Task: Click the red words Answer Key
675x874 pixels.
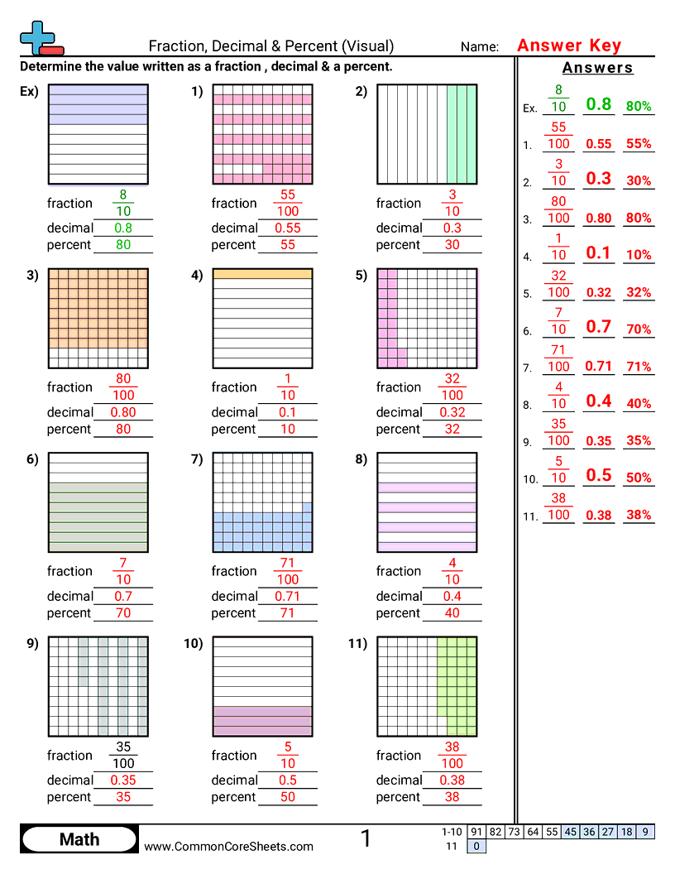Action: [568, 46]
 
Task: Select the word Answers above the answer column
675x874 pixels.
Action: [597, 68]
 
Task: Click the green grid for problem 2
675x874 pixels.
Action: [427, 134]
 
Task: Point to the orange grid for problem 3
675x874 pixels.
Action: [98, 318]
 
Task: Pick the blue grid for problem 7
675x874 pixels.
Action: [263, 502]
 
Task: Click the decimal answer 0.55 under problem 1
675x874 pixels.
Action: [287, 228]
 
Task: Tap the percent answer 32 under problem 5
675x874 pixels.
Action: [452, 429]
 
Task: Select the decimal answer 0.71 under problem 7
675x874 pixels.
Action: [287, 596]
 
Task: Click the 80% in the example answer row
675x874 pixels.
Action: [639, 106]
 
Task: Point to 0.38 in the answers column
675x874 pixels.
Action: [598, 515]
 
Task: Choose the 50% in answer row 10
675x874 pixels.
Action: [639, 478]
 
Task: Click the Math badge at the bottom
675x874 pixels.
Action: [79, 840]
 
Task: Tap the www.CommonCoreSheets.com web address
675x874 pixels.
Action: [229, 846]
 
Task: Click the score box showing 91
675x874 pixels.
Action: [476, 832]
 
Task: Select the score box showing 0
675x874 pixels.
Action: [476, 846]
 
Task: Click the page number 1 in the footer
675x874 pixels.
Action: [366, 838]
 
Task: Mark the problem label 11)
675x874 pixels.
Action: [357, 645]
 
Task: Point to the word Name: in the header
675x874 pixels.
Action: [480, 47]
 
